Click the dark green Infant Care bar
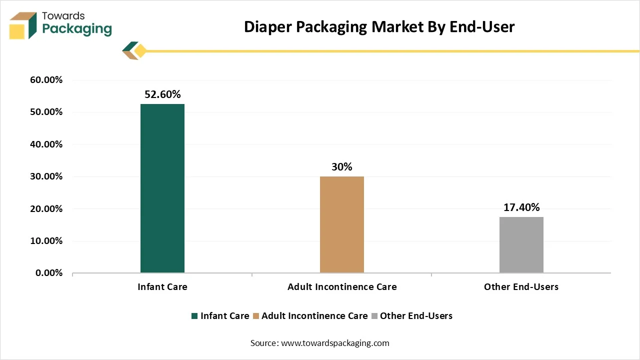162,188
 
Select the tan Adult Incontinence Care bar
342,224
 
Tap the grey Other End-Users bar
521,245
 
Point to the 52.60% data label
162,94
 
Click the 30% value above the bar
342,167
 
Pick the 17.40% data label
521,207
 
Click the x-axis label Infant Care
162,287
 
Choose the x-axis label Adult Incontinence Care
342,287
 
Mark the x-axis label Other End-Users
521,287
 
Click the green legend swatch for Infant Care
194,316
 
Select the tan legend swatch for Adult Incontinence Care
256,316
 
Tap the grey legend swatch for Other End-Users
374,316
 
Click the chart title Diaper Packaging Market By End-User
379,27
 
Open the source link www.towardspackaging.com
335,343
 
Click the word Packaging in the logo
77,29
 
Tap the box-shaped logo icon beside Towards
23,25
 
